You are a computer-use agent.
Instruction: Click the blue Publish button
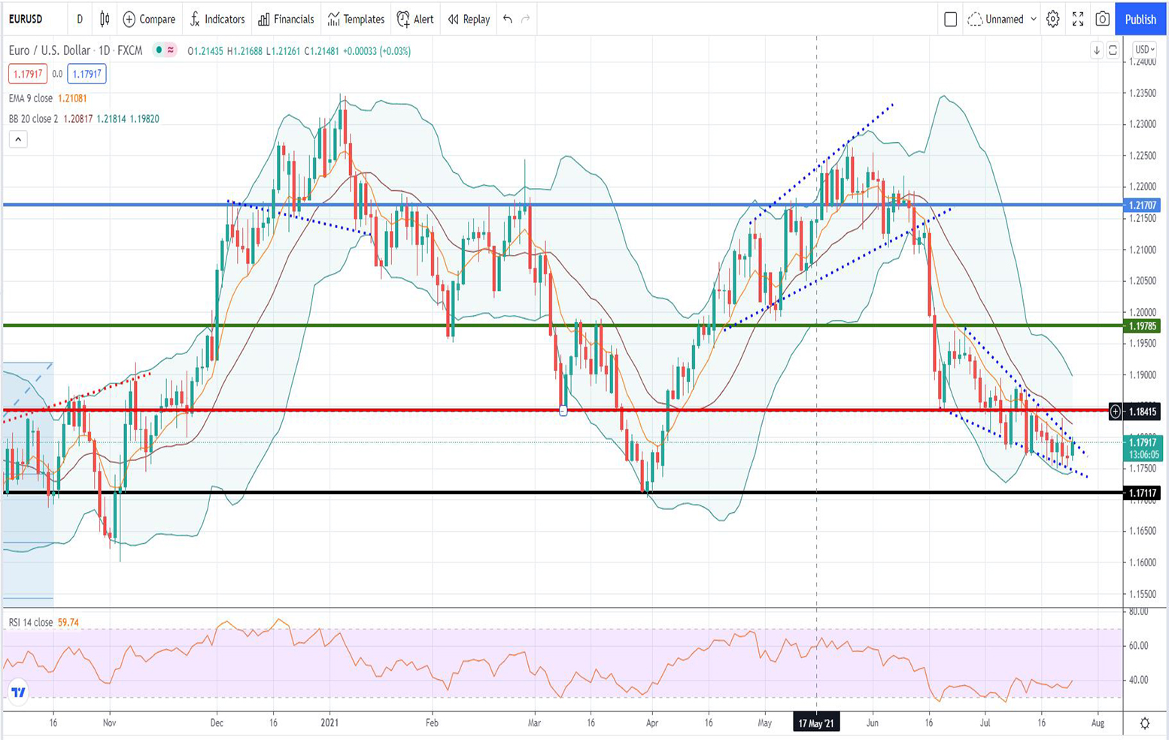click(x=1140, y=20)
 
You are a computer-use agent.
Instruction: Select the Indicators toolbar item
click(x=217, y=20)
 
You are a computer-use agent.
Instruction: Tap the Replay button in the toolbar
click(x=469, y=20)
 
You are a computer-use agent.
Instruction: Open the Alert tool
click(x=415, y=20)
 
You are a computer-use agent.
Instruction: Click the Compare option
click(x=149, y=20)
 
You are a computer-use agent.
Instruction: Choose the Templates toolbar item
click(x=356, y=20)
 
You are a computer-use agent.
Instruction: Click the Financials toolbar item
click(x=286, y=20)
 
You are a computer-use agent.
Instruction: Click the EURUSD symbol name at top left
click(x=26, y=20)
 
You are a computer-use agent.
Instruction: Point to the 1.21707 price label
click(x=1142, y=205)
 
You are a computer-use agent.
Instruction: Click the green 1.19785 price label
click(x=1142, y=326)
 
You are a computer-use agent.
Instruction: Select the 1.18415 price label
click(x=1142, y=411)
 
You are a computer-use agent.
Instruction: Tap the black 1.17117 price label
click(x=1142, y=493)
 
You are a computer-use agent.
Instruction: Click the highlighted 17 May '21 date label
click(x=816, y=723)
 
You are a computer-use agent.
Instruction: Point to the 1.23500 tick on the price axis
click(x=1142, y=93)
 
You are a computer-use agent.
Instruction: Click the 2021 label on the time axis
click(x=329, y=723)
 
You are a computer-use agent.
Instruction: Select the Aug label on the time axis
click(x=1098, y=723)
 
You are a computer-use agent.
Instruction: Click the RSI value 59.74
click(x=68, y=623)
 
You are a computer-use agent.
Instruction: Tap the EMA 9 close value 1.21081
click(x=72, y=99)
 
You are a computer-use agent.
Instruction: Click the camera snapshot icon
click(x=1102, y=20)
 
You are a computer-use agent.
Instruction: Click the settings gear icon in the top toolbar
click(x=1052, y=20)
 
